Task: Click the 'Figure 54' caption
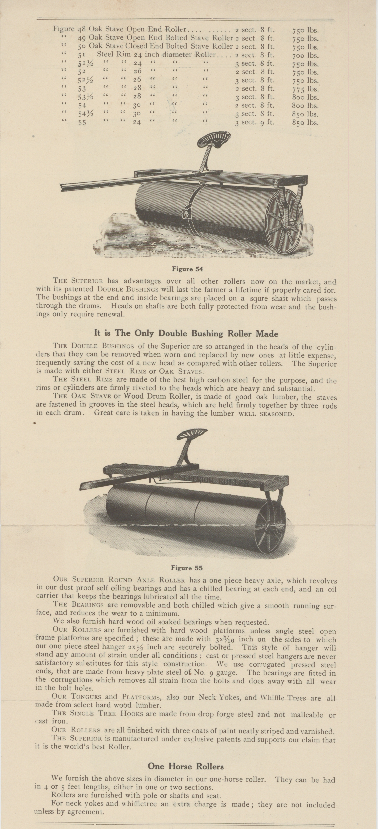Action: pos(188,269)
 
